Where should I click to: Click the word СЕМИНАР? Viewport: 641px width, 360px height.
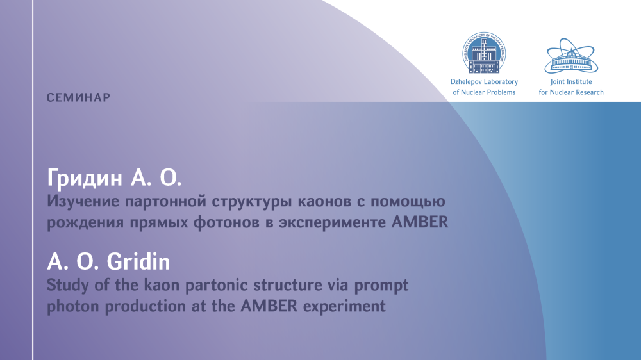click(x=78, y=97)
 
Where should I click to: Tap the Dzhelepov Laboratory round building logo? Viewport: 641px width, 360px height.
click(x=484, y=53)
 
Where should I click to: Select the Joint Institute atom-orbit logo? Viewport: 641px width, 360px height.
click(x=571, y=56)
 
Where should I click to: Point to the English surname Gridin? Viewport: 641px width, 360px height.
click(x=139, y=261)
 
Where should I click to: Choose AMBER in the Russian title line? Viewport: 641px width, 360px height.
click(x=420, y=222)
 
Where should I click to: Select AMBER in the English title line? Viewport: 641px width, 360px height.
click(x=269, y=306)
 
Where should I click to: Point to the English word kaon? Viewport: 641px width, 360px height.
click(x=162, y=285)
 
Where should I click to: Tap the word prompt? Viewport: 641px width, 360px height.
click(x=381, y=286)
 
